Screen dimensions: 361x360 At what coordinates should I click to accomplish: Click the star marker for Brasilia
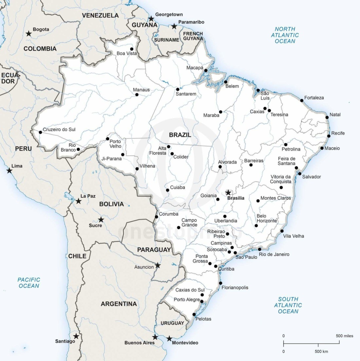tap(228, 193)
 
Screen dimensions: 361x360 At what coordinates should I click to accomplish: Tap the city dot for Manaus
tap(137, 95)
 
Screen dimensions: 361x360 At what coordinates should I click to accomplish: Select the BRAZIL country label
tap(180, 135)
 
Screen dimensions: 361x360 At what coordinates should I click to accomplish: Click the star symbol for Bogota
tap(29, 33)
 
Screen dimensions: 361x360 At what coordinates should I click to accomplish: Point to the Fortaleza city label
tap(314, 98)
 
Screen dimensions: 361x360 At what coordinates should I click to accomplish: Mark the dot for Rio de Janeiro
tap(260, 249)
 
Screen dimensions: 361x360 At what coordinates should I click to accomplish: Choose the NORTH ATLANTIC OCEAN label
tap(285, 35)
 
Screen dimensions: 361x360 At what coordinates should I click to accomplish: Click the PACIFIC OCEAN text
tap(29, 283)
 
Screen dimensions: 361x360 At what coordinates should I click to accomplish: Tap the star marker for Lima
tap(9, 171)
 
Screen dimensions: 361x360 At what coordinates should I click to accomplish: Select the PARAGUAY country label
tap(154, 250)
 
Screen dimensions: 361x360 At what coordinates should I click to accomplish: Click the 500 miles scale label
tap(344, 336)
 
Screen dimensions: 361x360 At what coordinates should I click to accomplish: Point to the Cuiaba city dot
tap(168, 190)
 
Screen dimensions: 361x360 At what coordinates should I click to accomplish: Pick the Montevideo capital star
tap(169, 338)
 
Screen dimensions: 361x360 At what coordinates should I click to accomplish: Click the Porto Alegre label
tap(187, 299)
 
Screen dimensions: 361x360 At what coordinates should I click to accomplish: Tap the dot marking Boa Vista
tap(132, 49)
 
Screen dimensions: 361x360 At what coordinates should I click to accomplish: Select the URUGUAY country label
tap(172, 323)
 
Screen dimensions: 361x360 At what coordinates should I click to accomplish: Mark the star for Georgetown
tap(151, 19)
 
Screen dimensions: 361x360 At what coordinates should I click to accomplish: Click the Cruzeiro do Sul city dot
tap(40, 132)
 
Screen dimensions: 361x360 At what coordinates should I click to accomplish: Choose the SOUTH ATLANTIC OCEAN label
tap(288, 305)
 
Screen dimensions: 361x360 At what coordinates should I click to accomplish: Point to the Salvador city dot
tap(300, 173)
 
